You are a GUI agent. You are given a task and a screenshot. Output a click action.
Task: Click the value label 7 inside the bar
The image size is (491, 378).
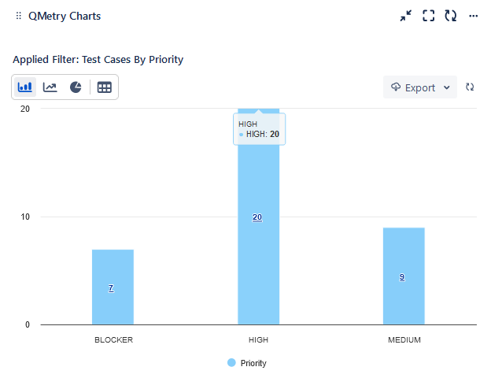(x=111, y=288)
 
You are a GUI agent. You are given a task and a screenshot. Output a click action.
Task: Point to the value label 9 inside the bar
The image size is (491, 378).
(x=402, y=277)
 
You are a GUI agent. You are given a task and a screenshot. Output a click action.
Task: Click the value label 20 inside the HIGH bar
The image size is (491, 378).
(x=257, y=217)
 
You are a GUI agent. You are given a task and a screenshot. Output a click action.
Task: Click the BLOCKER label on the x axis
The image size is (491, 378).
(x=113, y=340)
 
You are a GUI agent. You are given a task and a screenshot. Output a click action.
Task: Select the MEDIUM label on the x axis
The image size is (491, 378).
(x=404, y=340)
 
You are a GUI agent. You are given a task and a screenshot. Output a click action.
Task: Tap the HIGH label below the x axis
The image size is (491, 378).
(x=258, y=340)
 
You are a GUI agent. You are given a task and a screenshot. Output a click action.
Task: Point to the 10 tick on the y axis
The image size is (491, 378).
(x=25, y=217)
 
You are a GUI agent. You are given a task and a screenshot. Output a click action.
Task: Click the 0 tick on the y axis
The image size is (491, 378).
(x=27, y=324)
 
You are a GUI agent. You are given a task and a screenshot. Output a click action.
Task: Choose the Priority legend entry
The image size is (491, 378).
(x=247, y=363)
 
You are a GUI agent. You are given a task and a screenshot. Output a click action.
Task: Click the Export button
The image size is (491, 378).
(x=420, y=87)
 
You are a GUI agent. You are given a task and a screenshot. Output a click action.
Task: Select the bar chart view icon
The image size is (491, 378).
(x=25, y=87)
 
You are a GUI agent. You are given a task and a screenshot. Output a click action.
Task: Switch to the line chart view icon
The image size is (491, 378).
(x=50, y=87)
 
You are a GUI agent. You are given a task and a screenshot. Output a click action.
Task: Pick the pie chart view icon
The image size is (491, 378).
(x=76, y=87)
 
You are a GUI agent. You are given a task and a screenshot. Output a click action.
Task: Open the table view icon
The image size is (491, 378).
(x=105, y=87)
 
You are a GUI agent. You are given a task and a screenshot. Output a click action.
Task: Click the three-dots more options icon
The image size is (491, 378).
(x=473, y=16)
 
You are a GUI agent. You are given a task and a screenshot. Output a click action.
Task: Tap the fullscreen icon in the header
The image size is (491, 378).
(x=429, y=16)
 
